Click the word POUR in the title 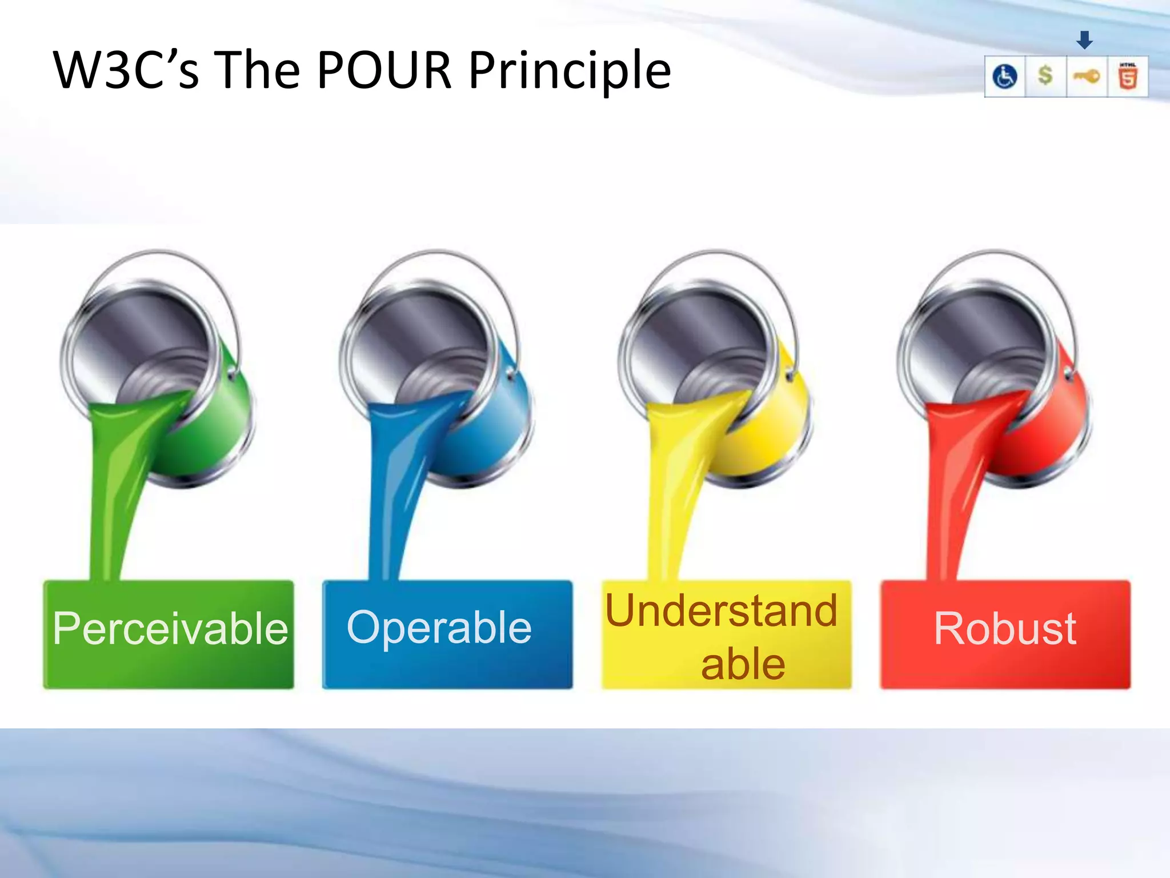coord(384,71)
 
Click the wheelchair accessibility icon coord(1004,77)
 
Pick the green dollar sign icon coord(1045,75)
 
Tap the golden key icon coord(1087,76)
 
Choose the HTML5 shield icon coord(1128,76)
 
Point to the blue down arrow coord(1084,40)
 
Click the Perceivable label coord(170,629)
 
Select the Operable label coord(439,628)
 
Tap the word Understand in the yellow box coord(721,610)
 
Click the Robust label coord(1005,629)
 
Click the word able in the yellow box coord(743,664)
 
